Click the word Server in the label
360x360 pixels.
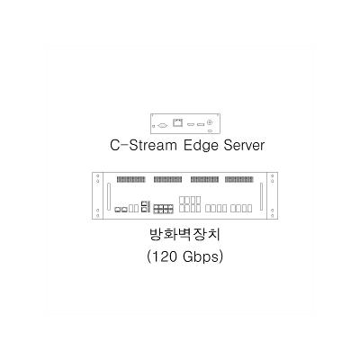pyautogui.click(x=245, y=146)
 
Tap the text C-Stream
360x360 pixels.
pyautogui.click(x=143, y=146)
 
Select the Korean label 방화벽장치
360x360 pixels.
pyautogui.click(x=184, y=235)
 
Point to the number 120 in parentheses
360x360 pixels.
pyautogui.click(x=164, y=256)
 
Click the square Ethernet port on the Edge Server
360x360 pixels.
pyautogui.click(x=177, y=122)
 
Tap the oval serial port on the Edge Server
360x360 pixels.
pyautogui.click(x=162, y=126)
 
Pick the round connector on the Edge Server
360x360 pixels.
pyautogui.click(x=211, y=122)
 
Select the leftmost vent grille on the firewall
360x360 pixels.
pyautogui.click(x=130, y=179)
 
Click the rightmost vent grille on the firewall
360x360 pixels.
pyautogui.click(x=238, y=179)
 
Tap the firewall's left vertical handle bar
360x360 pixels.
pyautogui.click(x=109, y=197)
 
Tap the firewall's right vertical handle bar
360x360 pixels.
pyautogui.click(x=261, y=197)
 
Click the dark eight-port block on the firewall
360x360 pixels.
pyautogui.click(x=164, y=209)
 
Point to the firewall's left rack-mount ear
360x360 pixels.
pyautogui.click(x=97, y=196)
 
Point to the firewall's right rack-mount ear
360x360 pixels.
pyautogui.click(x=272, y=196)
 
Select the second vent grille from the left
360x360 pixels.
pyautogui.click(x=167, y=179)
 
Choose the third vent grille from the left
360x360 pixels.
pyautogui.click(x=204, y=179)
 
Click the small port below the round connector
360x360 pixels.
pyautogui.click(x=211, y=131)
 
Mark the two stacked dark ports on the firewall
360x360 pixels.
pyautogui.click(x=145, y=207)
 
